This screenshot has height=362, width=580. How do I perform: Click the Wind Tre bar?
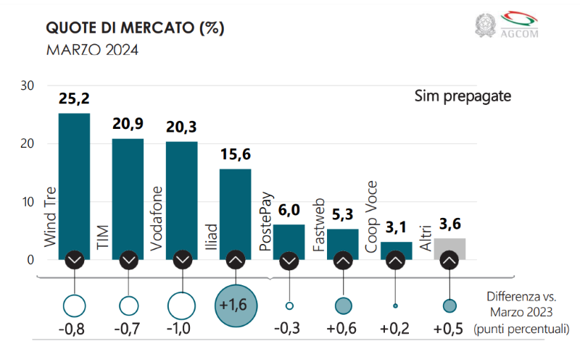pyautogui.click(x=74, y=181)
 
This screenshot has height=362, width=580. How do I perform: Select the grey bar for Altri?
pyautogui.click(x=449, y=246)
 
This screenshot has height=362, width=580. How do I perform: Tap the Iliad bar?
pyautogui.click(x=235, y=210)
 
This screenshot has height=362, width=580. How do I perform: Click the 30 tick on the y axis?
pyautogui.click(x=28, y=85)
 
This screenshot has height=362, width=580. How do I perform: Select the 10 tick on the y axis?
pyautogui.click(x=28, y=202)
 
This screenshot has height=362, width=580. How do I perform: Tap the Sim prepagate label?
pyautogui.click(x=463, y=96)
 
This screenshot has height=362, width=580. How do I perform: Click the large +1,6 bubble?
pyautogui.click(x=235, y=305)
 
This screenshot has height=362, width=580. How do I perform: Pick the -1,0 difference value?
pyautogui.click(x=181, y=329)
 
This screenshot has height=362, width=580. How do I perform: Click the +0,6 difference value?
pyautogui.click(x=343, y=329)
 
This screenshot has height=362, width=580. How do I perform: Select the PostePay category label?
pyautogui.click(x=266, y=222)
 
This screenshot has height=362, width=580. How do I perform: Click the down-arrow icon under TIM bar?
pyautogui.click(x=128, y=259)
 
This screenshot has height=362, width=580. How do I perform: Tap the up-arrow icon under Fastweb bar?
pyautogui.click(x=343, y=259)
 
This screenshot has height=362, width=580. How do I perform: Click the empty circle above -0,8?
pyautogui.click(x=75, y=305)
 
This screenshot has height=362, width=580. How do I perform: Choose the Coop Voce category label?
pyautogui.click(x=373, y=217)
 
